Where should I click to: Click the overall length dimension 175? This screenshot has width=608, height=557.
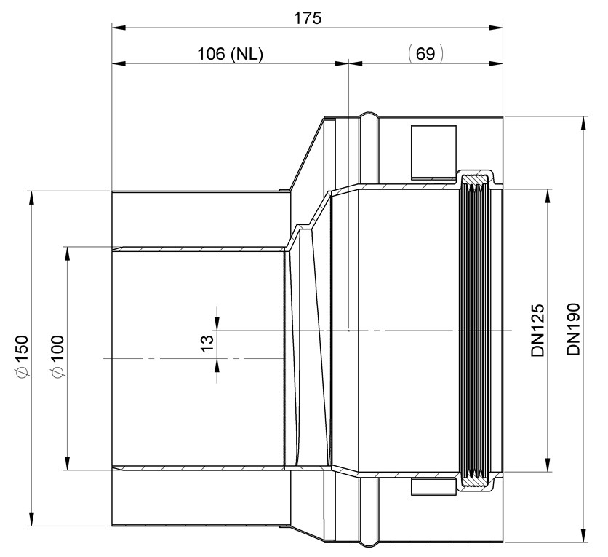coord(308,18)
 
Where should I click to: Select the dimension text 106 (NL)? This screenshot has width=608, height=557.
coord(231,54)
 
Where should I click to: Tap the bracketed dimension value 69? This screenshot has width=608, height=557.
coord(425,54)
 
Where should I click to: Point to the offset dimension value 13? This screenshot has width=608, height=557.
coord(208,343)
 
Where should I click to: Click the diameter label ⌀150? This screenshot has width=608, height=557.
coord(22,356)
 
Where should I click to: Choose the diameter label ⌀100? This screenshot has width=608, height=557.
coord(57,356)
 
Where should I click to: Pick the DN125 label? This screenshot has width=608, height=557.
coord(538,331)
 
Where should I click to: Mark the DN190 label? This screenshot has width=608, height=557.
coord(573,329)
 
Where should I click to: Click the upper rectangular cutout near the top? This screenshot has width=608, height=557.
coord(433,151)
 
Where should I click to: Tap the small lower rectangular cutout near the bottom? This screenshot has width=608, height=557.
coord(433,487)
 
